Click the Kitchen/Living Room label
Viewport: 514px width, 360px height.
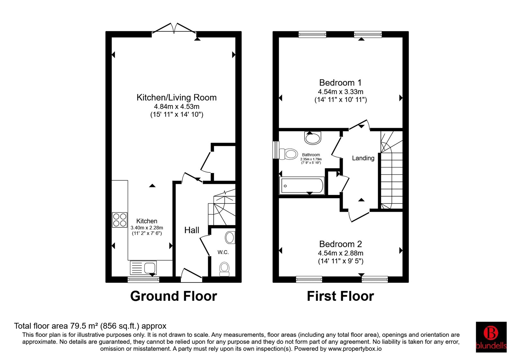[176, 98]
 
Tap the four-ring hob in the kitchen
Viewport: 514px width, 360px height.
[120, 220]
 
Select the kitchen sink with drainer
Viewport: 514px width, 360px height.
[143, 268]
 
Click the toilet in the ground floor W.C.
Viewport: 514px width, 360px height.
[224, 269]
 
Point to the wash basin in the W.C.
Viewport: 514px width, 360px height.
[230, 238]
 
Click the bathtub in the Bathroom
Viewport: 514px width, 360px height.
[302, 185]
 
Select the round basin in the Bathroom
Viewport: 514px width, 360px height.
[312, 138]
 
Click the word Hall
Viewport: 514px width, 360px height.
[192, 230]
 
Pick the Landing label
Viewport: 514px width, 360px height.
[363, 158]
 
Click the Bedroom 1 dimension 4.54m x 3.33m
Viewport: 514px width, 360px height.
[341, 92]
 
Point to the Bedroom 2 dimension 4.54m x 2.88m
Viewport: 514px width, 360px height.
[341, 253]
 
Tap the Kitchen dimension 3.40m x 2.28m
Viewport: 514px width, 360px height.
[147, 228]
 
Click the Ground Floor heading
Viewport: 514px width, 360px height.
[174, 296]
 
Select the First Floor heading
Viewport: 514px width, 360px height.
[341, 296]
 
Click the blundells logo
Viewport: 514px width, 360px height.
[491, 337]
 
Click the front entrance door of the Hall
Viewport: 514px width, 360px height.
[191, 275]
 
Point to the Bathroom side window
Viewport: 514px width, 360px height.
[276, 150]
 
